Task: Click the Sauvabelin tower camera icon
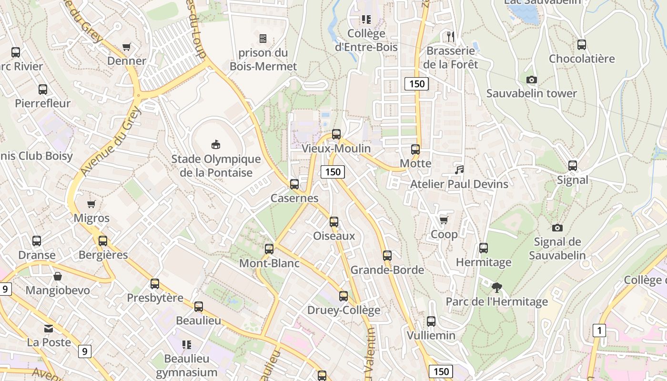531,80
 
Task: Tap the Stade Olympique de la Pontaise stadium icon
216,144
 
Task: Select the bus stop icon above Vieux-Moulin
336,134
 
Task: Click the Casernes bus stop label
294,198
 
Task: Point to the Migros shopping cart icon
91,204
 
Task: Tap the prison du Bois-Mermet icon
263,39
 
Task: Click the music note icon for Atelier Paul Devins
459,170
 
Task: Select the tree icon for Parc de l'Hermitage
496,287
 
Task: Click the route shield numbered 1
599,330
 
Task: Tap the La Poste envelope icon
49,328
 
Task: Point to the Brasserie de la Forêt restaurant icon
451,36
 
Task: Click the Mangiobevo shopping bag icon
58,276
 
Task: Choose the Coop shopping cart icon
444,220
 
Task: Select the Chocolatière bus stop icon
582,45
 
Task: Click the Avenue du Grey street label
111,141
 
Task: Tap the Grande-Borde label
387,270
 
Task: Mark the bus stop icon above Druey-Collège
344,296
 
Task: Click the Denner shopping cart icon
127,47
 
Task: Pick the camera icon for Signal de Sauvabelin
557,228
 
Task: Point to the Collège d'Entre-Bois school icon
366,20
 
